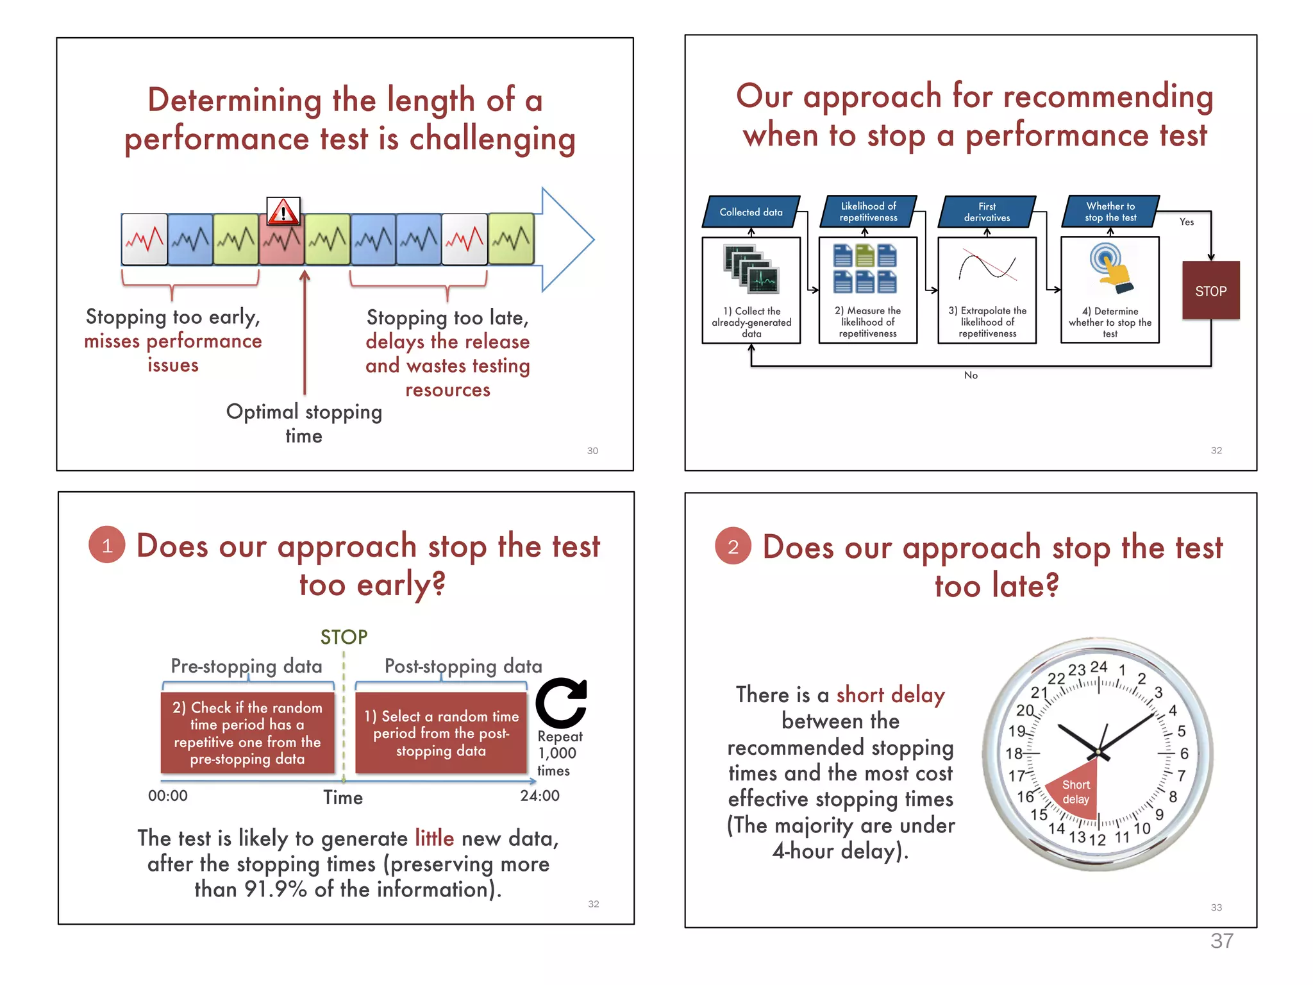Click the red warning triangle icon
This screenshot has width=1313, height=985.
pyautogui.click(x=283, y=211)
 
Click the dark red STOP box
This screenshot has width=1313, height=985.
pyautogui.click(x=1210, y=290)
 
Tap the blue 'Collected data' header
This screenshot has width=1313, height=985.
pyautogui.click(x=751, y=212)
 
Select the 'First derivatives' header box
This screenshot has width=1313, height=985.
pyautogui.click(x=987, y=212)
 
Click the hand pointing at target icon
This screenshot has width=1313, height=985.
pyautogui.click(x=1110, y=268)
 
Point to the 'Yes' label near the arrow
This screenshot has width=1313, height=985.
pyautogui.click(x=1186, y=222)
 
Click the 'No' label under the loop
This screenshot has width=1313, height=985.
pyautogui.click(x=971, y=375)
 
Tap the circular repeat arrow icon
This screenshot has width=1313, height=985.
pyautogui.click(x=562, y=703)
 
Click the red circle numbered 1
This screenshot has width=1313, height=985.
pyautogui.click(x=107, y=545)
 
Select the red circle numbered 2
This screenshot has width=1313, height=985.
pyautogui.click(x=733, y=546)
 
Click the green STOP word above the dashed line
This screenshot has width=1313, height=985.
pyautogui.click(x=344, y=637)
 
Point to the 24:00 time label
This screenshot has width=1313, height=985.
pyautogui.click(x=539, y=796)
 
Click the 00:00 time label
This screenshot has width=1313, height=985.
pyautogui.click(x=168, y=796)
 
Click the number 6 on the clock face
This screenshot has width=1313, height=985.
pyautogui.click(x=1183, y=753)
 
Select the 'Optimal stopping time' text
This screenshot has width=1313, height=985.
pyautogui.click(x=304, y=423)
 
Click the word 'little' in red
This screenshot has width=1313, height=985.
pyautogui.click(x=434, y=838)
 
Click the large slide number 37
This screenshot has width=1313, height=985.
pyautogui.click(x=1221, y=941)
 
